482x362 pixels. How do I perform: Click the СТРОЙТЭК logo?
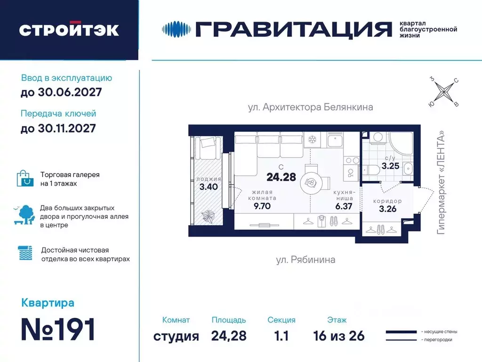[x=69, y=30]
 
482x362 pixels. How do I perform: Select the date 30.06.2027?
[x=61, y=92]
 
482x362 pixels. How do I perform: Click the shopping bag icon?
[x=25, y=178]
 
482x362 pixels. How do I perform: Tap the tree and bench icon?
[x=25, y=215]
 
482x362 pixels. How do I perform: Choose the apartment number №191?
[x=58, y=329]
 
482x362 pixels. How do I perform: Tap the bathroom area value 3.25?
[x=391, y=165]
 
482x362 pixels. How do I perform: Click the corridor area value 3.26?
[x=388, y=209]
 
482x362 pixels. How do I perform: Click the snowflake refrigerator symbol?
[x=312, y=140]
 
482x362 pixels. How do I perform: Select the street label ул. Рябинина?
[x=305, y=260]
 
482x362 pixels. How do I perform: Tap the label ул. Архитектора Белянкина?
[x=310, y=107]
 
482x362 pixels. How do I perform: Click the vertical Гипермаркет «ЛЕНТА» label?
[x=441, y=182]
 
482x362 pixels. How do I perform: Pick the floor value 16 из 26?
[x=338, y=336]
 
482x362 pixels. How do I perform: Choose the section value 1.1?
[x=281, y=336]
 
